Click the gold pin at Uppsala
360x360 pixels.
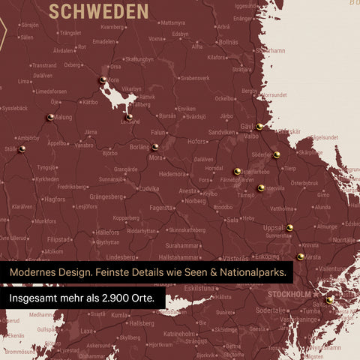pyautogui.click(x=289, y=227)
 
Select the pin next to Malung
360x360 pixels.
pyautogui.click(x=50, y=117)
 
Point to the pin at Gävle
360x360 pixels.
pyautogui.click(x=259, y=127)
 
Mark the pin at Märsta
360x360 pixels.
pyautogui.click(x=300, y=256)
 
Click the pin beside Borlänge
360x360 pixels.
pyautogui.click(x=154, y=147)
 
